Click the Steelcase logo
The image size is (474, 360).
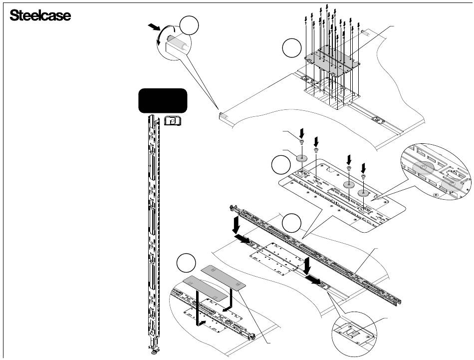pos(40,15)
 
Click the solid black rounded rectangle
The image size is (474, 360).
pos(163,101)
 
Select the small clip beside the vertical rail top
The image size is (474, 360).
pos(172,121)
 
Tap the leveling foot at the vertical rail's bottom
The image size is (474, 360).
pos(155,351)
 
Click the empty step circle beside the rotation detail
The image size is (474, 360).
pos(189,26)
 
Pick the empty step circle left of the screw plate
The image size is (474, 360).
pos(292,48)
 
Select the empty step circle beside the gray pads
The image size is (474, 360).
pos(186,263)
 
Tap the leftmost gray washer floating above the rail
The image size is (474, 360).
pos(301,158)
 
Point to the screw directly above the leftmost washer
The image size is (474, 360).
pos(301,142)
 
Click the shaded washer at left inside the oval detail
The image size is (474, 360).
pos(423,168)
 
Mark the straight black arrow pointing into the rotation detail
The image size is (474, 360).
pos(154,27)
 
